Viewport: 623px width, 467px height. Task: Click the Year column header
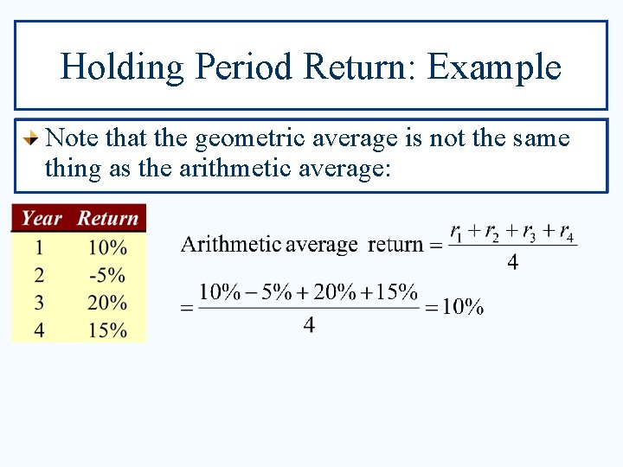(42, 218)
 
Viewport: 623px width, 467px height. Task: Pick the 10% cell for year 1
(107, 247)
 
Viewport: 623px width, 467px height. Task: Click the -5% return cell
(107, 275)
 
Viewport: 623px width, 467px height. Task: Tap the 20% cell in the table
(107, 303)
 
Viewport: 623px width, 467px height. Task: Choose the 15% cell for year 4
(107, 329)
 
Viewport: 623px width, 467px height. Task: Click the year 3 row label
(39, 303)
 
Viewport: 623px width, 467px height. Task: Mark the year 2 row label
(39, 275)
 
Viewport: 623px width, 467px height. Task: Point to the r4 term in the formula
(565, 233)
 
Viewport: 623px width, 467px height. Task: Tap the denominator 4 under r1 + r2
(512, 262)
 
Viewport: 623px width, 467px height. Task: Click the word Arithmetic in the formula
(230, 244)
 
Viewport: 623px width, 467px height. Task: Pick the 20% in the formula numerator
(334, 292)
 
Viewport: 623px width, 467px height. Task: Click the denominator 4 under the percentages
(309, 325)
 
